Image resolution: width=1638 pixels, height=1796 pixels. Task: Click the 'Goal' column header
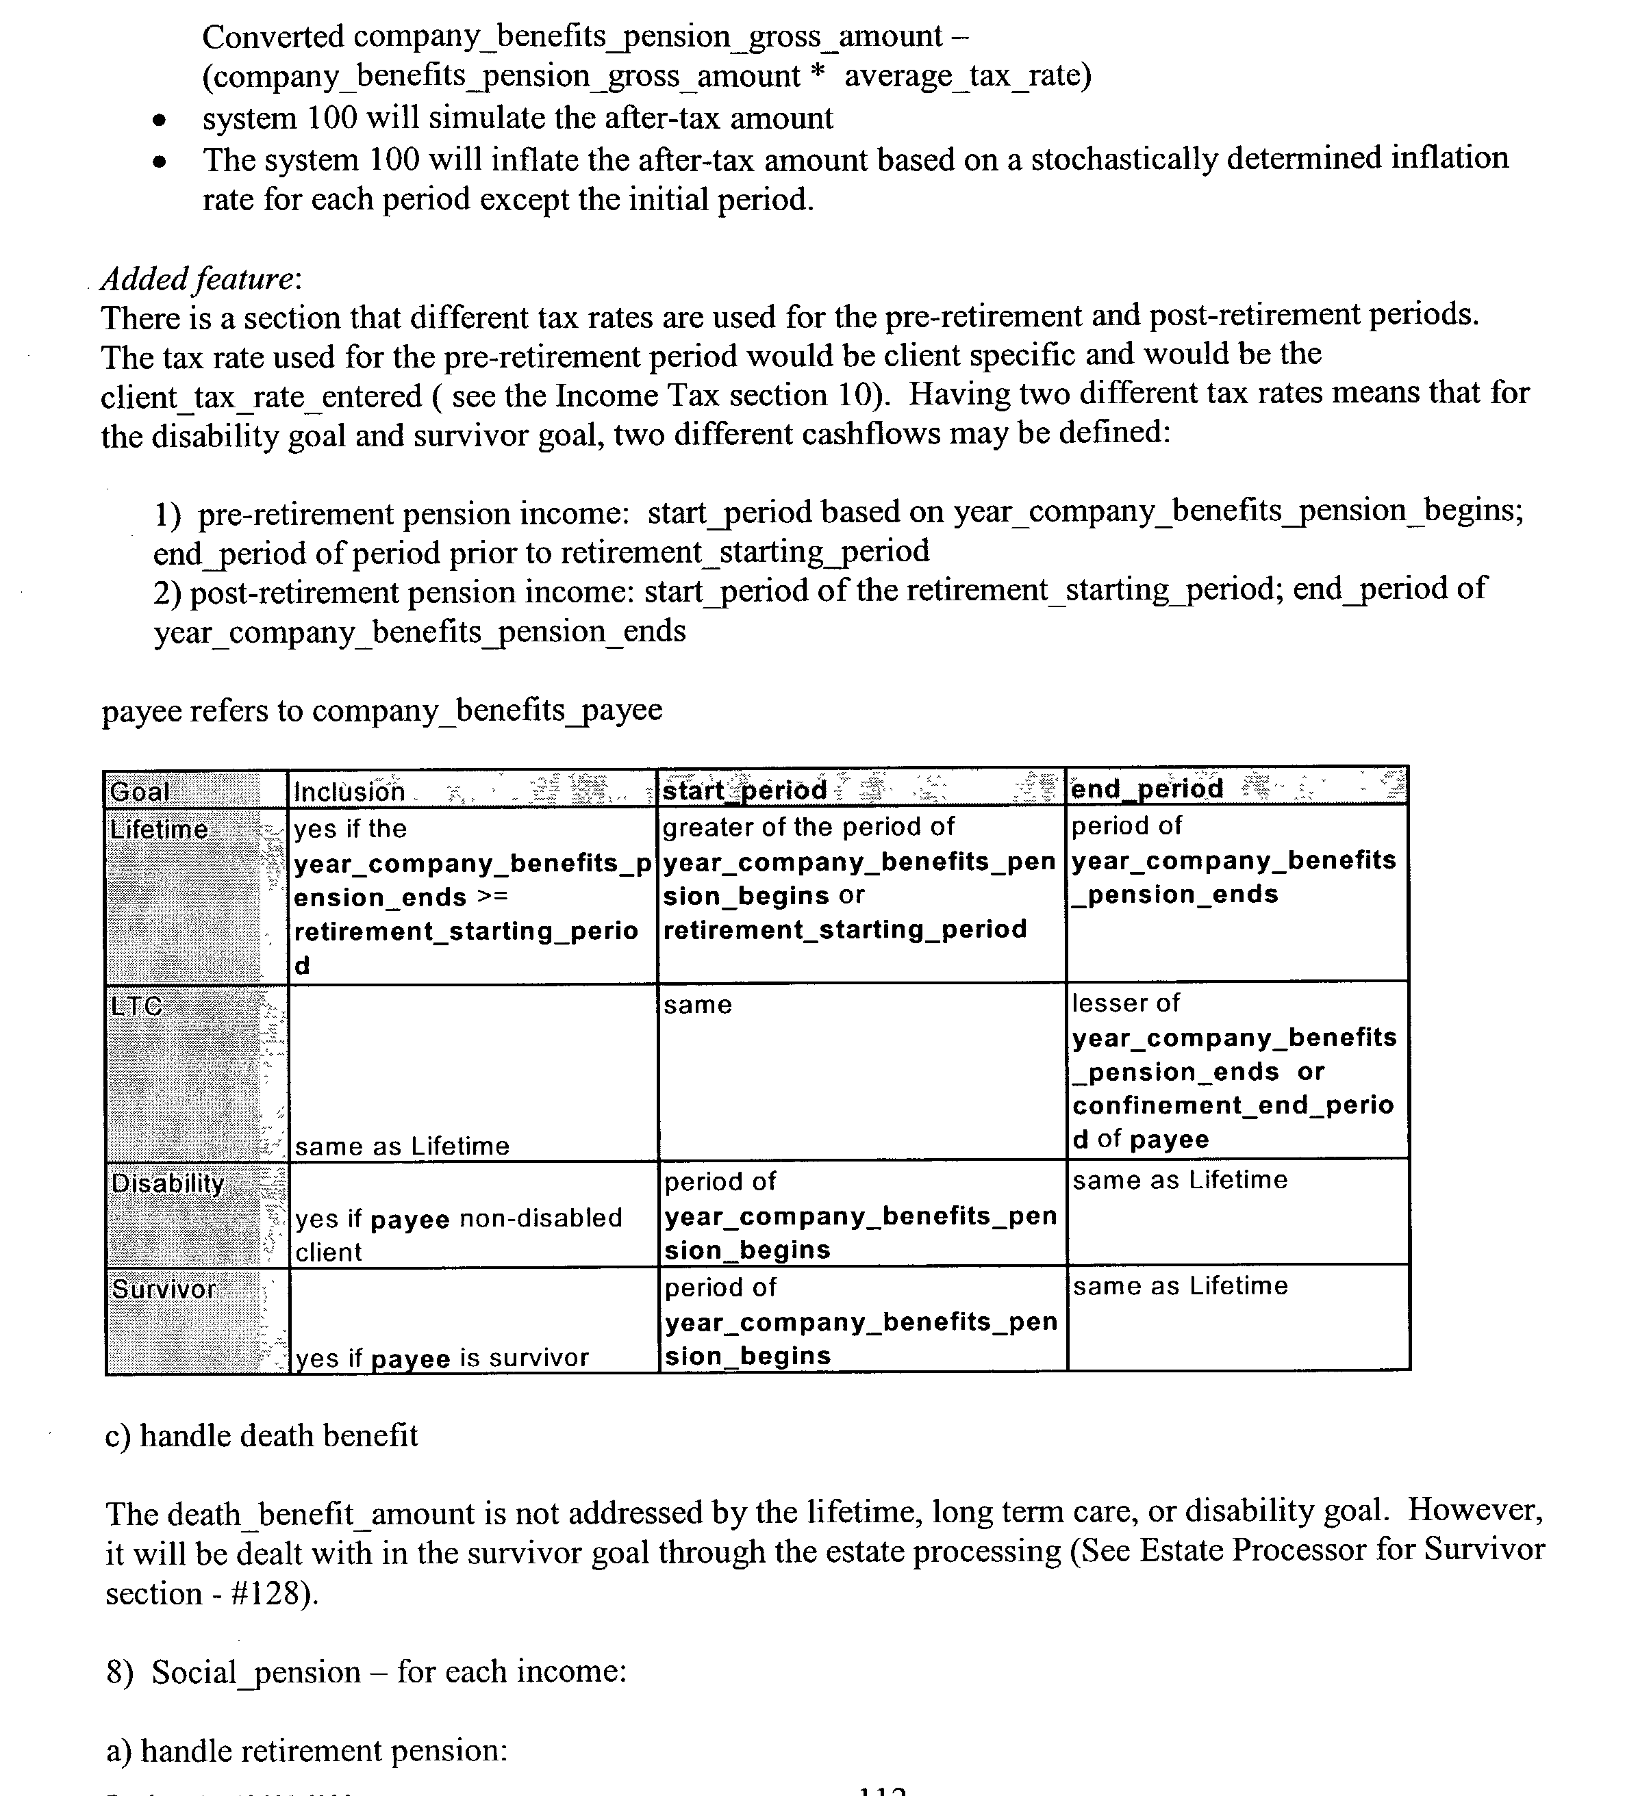click(140, 791)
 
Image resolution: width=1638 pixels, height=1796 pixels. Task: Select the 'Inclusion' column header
click(349, 791)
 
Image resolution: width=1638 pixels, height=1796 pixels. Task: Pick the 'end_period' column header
click(1147, 788)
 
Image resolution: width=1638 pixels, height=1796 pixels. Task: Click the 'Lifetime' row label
click(159, 830)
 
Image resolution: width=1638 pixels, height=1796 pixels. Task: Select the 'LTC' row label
click(136, 1005)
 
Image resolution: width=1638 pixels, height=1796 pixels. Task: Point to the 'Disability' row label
click(168, 1183)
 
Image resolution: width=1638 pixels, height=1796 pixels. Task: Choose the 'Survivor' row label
click(164, 1289)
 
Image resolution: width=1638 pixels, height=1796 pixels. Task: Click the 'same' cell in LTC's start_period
click(698, 1005)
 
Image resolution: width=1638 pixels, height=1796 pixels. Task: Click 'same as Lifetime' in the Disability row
click(1180, 1181)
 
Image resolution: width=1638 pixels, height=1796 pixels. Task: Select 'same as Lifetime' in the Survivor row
click(1180, 1285)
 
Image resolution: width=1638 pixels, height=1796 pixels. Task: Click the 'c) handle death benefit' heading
click(261, 1435)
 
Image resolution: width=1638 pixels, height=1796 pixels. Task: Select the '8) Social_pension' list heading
click(234, 1671)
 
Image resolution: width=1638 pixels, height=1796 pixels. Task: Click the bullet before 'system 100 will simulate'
click(159, 119)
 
